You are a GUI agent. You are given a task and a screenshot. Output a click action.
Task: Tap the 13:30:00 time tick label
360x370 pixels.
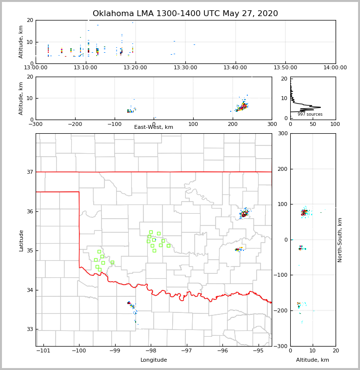coord(185,68)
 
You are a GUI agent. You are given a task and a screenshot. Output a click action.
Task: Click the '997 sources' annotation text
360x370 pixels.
coord(310,114)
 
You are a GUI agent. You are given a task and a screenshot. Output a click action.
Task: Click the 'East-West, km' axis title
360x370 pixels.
coord(154,127)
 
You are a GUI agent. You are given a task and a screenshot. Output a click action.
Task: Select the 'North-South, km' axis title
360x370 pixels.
coord(340,240)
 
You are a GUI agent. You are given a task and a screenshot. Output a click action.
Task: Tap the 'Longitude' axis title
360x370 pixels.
coord(154,360)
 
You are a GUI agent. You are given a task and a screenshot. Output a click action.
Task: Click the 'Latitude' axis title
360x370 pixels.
coord(21,240)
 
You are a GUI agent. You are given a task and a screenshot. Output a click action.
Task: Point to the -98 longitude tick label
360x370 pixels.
coord(151,351)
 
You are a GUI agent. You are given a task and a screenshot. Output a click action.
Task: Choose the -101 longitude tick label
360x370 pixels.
coord(43,351)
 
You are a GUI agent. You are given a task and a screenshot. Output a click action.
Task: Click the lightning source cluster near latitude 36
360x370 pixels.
coord(244,213)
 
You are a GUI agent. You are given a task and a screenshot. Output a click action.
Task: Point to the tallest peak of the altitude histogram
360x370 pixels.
coord(320,107)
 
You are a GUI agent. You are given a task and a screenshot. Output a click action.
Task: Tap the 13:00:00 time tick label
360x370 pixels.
coord(36,68)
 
